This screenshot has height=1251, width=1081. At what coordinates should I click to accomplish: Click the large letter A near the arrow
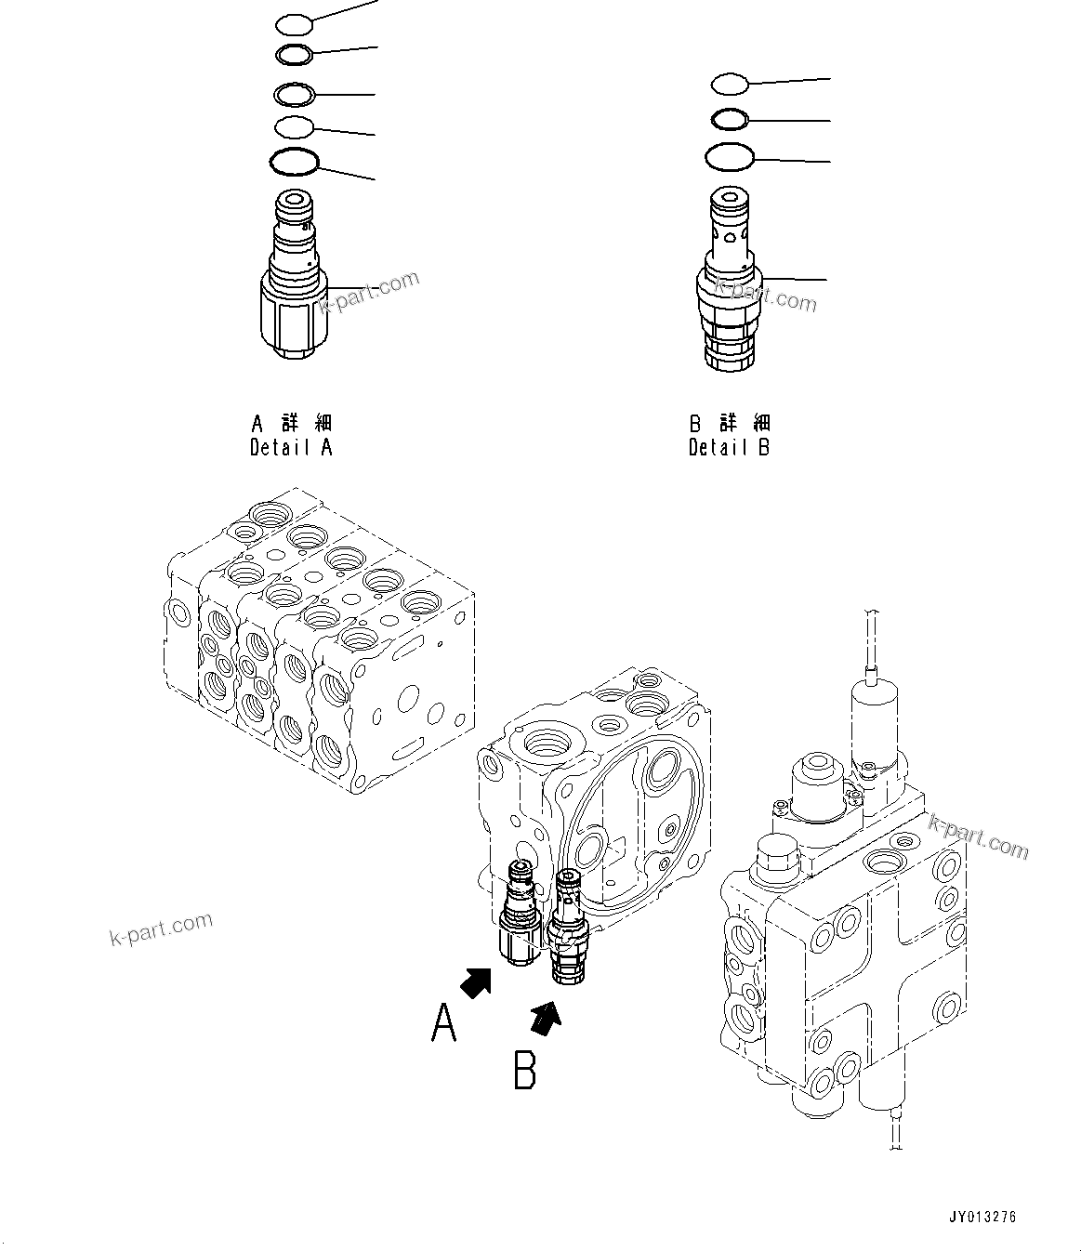click(x=444, y=1023)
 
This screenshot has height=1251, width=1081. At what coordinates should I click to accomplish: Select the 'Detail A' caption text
click(x=291, y=447)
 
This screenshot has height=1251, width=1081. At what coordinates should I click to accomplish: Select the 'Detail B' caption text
click(x=729, y=447)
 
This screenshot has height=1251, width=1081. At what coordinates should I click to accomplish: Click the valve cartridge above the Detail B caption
click(x=730, y=279)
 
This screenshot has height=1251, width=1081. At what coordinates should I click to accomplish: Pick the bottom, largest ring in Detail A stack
click(x=294, y=162)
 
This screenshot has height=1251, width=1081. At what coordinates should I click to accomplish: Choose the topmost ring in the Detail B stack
click(x=730, y=84)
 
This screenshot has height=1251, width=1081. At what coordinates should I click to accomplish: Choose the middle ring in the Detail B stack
click(x=730, y=119)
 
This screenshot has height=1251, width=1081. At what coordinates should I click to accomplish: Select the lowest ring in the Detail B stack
click(x=729, y=157)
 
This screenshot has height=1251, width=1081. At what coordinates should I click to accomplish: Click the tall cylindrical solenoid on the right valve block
click(x=874, y=720)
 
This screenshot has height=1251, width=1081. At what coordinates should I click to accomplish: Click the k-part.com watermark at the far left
click(x=161, y=927)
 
